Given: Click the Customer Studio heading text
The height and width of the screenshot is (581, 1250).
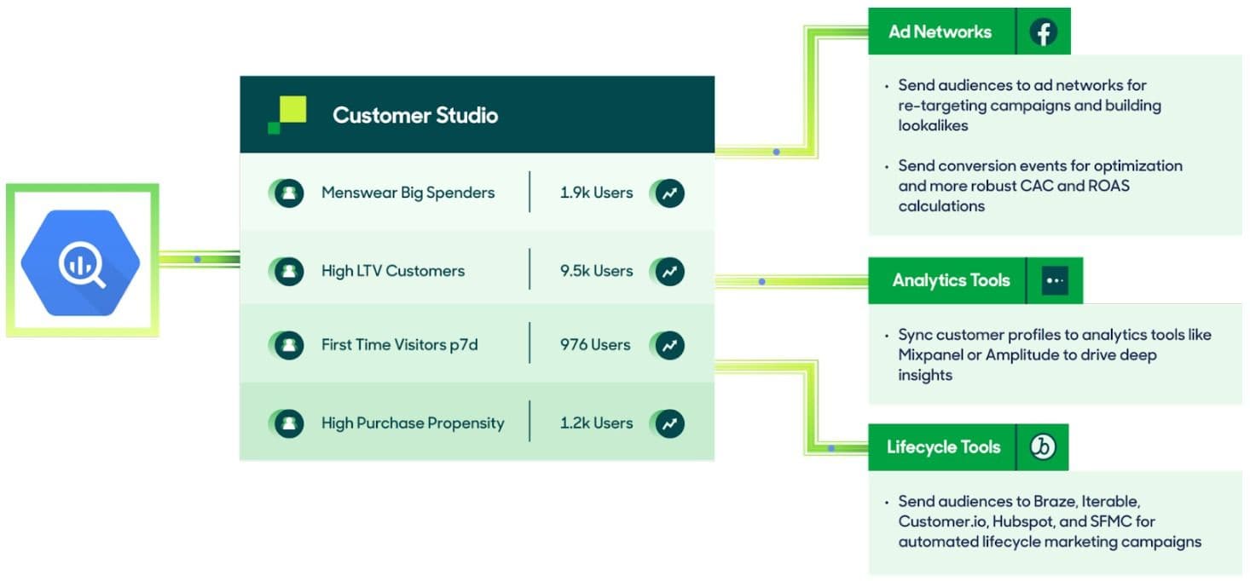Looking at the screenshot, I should click(x=414, y=115).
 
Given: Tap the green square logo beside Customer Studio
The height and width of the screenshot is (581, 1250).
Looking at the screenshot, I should click(x=287, y=114).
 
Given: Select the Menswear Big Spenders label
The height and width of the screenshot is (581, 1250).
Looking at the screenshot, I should click(x=408, y=193).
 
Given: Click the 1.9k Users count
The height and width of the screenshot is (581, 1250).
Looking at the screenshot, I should click(x=596, y=193).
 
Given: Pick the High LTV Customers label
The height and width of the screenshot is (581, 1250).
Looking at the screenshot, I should click(x=392, y=271).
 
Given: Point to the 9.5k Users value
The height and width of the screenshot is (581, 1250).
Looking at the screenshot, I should click(x=596, y=271).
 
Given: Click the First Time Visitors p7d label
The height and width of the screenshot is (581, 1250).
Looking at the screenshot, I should click(x=399, y=345).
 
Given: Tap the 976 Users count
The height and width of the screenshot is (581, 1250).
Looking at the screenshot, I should click(x=594, y=345).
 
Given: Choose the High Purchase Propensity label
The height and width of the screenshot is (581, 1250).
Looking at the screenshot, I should click(x=413, y=423).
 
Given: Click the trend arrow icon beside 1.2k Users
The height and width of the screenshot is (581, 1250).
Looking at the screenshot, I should click(x=670, y=423).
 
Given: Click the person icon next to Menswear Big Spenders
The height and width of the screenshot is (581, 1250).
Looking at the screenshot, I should click(x=289, y=193).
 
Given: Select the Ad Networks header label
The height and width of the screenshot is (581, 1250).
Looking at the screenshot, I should click(x=940, y=32).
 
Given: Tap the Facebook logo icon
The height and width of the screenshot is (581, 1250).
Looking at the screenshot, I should click(x=1043, y=32).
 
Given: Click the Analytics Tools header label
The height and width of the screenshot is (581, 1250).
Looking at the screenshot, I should click(x=951, y=280).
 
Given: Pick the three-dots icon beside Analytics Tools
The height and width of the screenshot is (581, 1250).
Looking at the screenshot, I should click(x=1055, y=280).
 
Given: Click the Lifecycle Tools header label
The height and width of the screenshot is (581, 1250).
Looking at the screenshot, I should click(x=943, y=446).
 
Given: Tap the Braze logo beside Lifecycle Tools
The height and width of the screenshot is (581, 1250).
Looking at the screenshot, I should click(x=1042, y=446).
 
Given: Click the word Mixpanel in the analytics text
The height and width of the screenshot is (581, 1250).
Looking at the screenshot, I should click(x=929, y=355).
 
